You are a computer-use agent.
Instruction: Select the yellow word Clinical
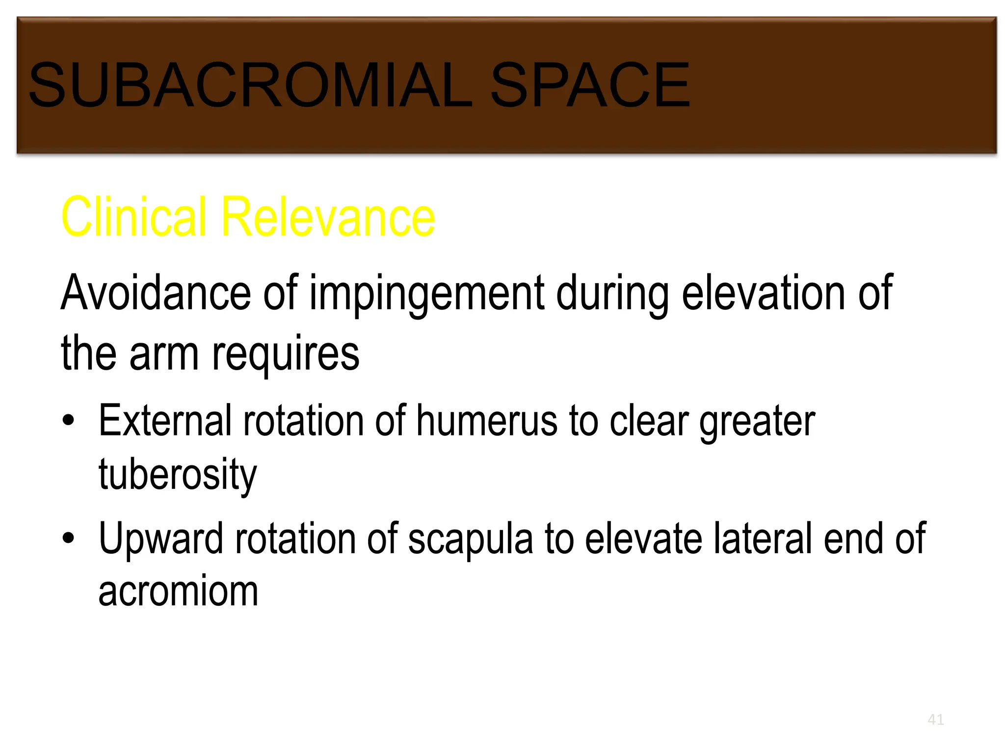click(134, 217)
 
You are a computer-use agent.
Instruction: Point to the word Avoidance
click(156, 293)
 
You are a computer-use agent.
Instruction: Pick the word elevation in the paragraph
click(763, 293)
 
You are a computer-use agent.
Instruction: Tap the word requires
click(286, 355)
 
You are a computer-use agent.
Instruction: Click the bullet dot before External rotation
click(69, 421)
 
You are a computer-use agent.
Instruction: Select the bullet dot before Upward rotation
click(69, 539)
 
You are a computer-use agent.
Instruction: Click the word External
click(165, 421)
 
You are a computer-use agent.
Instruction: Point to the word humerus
click(487, 421)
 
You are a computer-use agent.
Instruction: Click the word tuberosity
click(178, 475)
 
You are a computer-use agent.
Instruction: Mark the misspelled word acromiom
click(178, 592)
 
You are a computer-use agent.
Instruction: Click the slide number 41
click(935, 720)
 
